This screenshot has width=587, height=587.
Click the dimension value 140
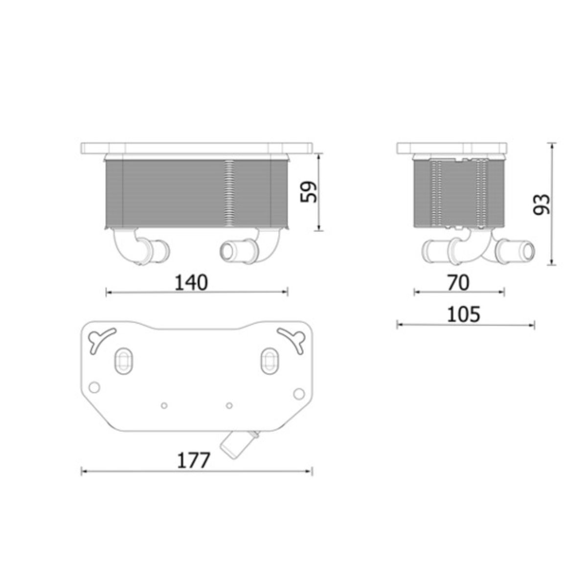[191, 283]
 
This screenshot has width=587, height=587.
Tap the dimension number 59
[309, 192]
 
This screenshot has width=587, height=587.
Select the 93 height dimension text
[542, 204]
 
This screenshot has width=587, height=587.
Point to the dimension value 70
[458, 283]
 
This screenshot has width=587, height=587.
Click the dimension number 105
[463, 315]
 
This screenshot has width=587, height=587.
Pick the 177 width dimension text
[193, 461]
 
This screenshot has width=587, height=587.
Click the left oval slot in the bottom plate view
[123, 361]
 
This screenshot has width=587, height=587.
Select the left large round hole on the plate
[94, 387]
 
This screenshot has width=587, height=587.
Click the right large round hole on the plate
[298, 394]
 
